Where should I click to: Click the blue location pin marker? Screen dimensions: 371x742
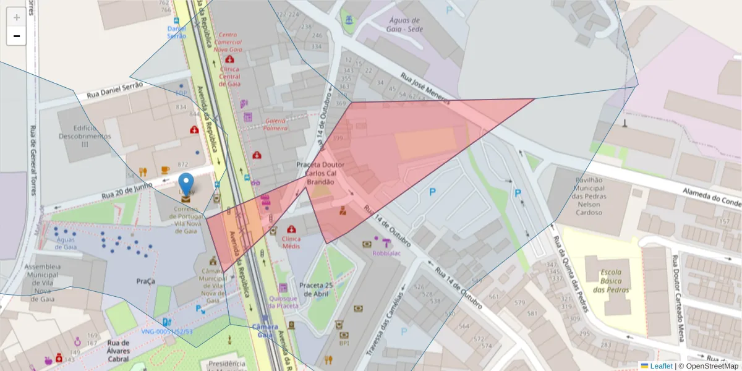[x=186, y=184]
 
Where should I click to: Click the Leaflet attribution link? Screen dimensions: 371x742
[x=661, y=366]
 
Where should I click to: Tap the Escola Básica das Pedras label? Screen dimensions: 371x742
[x=611, y=281]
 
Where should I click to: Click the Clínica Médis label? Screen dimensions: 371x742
[x=291, y=242]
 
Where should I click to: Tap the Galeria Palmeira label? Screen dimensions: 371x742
[x=275, y=124]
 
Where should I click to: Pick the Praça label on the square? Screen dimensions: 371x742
[x=146, y=281]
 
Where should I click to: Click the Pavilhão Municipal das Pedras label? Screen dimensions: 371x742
[x=581, y=195]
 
